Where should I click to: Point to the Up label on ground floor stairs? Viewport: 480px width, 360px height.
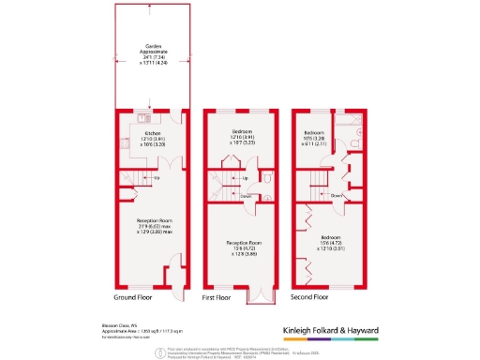coord(156,177)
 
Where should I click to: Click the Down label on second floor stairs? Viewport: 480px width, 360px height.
coord(336,195)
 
